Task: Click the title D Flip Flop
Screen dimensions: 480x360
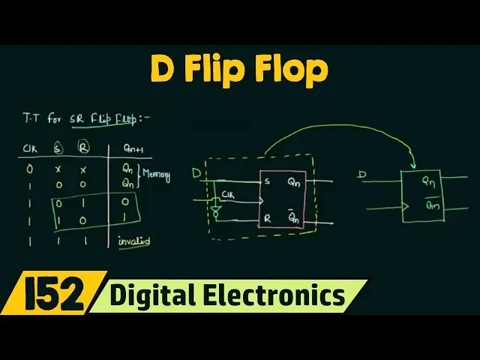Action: [240, 70]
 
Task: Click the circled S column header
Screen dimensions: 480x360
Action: [57, 148]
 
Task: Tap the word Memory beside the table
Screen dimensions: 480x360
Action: [157, 177]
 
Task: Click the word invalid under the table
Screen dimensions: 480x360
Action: [134, 241]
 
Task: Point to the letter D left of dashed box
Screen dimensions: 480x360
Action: [196, 174]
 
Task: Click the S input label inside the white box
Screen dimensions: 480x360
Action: [266, 181]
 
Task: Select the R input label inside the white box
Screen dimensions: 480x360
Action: [266, 219]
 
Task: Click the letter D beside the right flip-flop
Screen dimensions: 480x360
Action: [363, 175]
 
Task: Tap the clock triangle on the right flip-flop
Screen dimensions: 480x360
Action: [406, 204]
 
